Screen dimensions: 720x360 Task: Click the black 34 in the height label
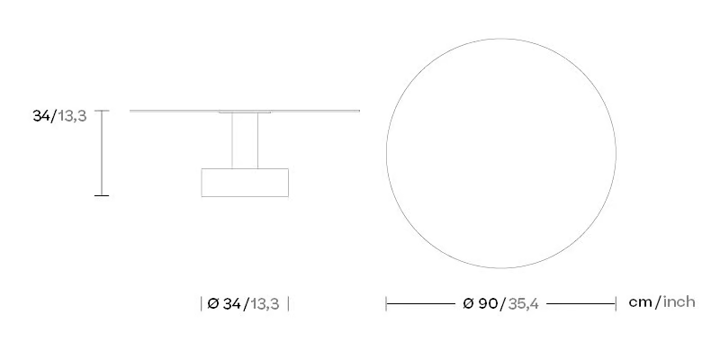pos(41,116)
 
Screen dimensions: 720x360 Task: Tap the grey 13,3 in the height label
pos(72,117)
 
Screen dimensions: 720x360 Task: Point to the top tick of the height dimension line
pos(102,111)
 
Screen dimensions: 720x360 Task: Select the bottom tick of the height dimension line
pos(102,195)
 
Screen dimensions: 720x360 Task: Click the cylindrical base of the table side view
pos(245,183)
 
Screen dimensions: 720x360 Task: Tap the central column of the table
pos(245,140)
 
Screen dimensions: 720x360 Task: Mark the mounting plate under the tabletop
pos(245,112)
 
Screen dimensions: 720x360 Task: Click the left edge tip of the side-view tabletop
pos(130,111)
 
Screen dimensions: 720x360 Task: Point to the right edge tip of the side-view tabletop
pos(359,111)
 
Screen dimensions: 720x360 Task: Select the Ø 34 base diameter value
pos(224,304)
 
